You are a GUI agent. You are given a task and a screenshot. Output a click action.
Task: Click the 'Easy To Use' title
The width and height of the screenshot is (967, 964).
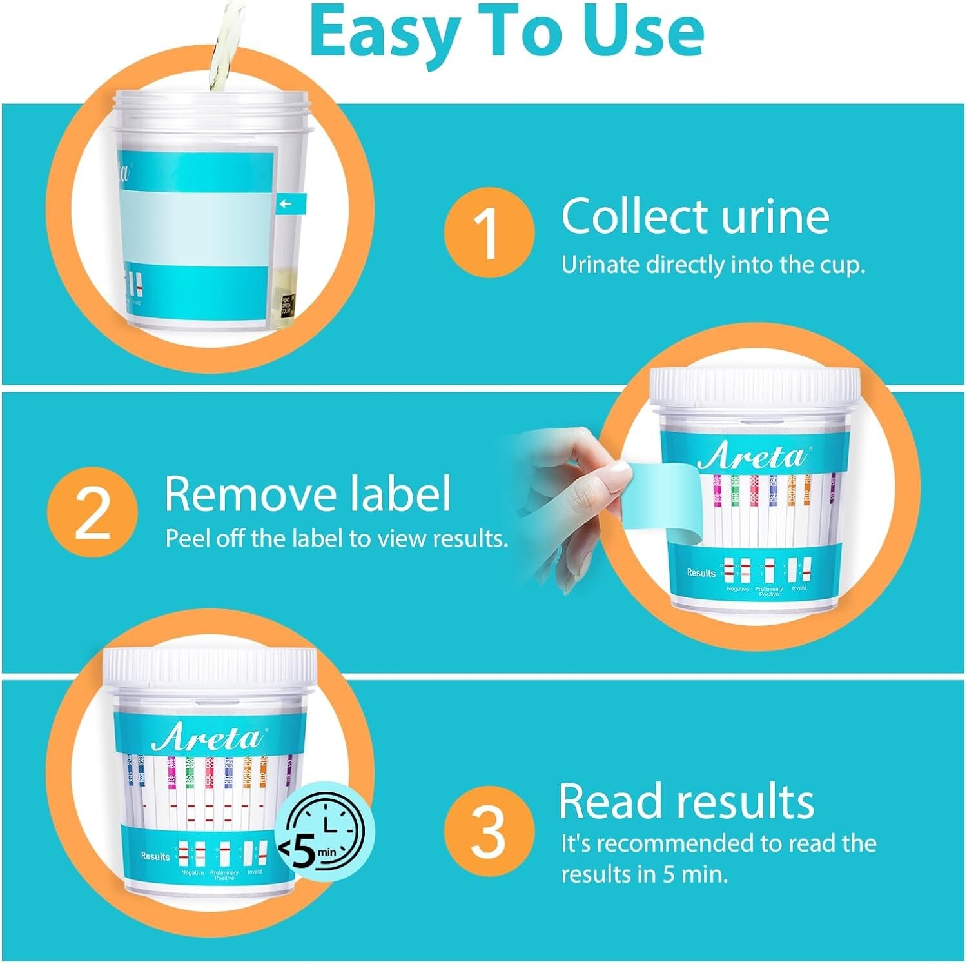[x=506, y=32]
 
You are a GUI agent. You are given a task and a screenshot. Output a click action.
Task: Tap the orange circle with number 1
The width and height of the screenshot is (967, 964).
[x=489, y=232]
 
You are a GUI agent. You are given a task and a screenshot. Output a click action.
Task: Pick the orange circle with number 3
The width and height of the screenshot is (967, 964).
[x=489, y=832]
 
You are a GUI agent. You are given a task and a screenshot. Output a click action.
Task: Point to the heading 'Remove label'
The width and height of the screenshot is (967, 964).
[x=308, y=494]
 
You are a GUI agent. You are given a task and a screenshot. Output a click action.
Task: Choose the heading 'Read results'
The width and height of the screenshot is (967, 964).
[x=686, y=801]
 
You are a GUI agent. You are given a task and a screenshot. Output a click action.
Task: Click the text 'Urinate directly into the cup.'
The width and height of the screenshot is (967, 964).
[x=712, y=265]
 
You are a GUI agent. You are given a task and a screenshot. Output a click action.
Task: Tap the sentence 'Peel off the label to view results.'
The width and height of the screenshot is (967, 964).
[x=337, y=538]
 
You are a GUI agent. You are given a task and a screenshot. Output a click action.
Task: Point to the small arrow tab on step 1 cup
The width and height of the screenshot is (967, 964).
[x=289, y=204]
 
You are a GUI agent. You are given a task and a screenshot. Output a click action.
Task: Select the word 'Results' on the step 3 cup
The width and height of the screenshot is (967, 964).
[x=155, y=856]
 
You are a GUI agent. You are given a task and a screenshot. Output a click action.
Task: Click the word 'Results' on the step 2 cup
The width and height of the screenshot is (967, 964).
[x=701, y=572]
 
